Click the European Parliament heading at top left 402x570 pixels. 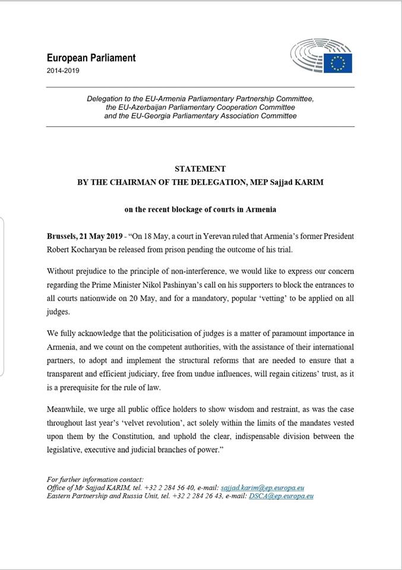[x=91, y=58]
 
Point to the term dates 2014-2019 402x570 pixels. [x=63, y=71]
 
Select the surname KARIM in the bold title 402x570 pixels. [x=306, y=182]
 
